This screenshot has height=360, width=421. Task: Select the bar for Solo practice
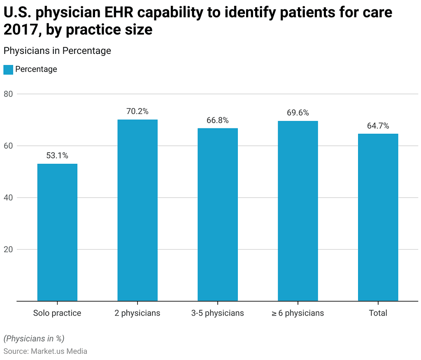click(57, 232)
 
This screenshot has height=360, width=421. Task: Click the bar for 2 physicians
click(137, 210)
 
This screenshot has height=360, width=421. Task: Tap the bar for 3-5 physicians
click(217, 214)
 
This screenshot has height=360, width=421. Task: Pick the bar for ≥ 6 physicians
click(298, 211)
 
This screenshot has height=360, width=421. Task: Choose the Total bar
click(378, 217)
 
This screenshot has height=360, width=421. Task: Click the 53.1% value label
click(57, 156)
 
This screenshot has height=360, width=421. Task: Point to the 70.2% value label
click(137, 111)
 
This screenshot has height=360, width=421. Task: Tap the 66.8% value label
click(217, 120)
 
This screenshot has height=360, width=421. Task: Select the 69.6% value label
click(298, 113)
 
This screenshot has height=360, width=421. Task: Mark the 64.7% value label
click(378, 126)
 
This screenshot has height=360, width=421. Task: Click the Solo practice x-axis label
click(57, 313)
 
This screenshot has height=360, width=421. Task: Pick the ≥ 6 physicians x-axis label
click(298, 313)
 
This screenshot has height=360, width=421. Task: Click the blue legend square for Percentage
click(8, 70)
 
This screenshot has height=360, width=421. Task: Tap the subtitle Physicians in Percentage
click(57, 51)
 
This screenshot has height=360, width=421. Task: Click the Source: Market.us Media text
click(45, 351)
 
